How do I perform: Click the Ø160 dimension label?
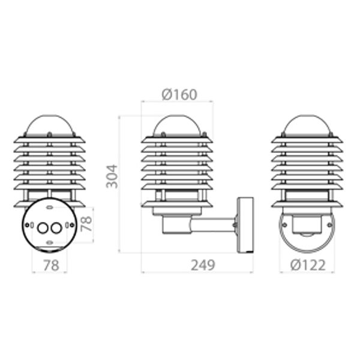click(179, 95)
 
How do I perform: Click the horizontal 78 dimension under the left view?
click(52, 265)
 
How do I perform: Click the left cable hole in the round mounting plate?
click(43, 228)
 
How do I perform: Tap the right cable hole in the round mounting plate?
click(56, 228)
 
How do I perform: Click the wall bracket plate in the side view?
click(245, 225)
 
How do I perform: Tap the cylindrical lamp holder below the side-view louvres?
click(176, 225)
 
